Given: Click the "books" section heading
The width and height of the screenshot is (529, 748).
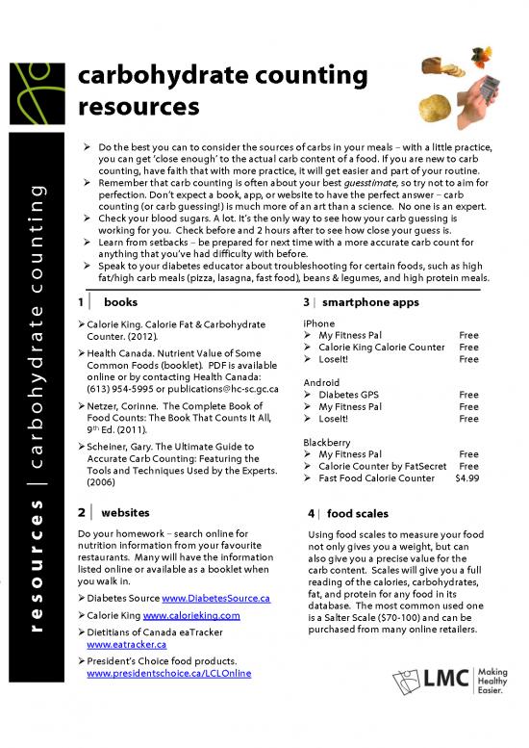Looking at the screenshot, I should [x=120, y=302].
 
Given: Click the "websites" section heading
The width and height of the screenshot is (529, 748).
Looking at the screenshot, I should [x=124, y=512].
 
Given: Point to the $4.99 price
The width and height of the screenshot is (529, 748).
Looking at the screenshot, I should [x=466, y=477].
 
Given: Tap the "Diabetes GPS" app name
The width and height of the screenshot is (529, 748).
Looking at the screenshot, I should [x=354, y=395].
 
